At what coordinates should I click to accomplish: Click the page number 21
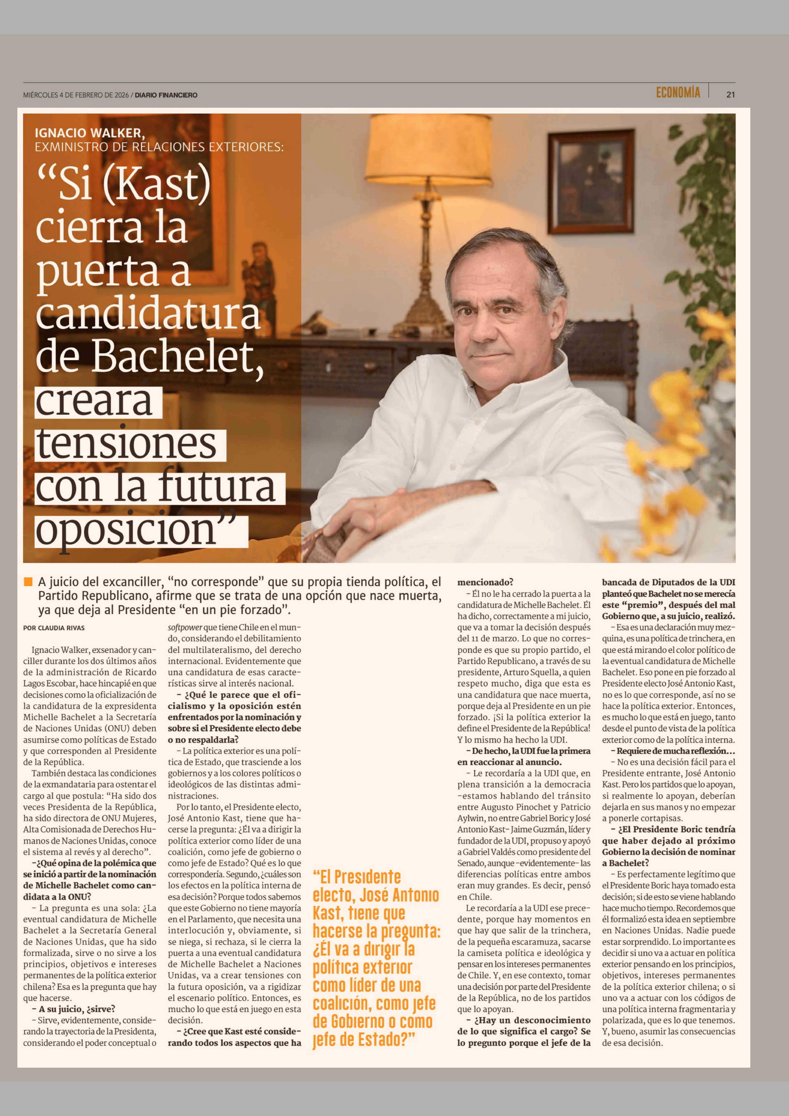(730, 95)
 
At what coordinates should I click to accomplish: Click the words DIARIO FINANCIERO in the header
(166, 95)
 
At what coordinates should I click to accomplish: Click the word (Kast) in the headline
(157, 185)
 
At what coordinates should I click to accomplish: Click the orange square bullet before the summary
(28, 582)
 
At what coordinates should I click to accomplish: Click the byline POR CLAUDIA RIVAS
(54, 628)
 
